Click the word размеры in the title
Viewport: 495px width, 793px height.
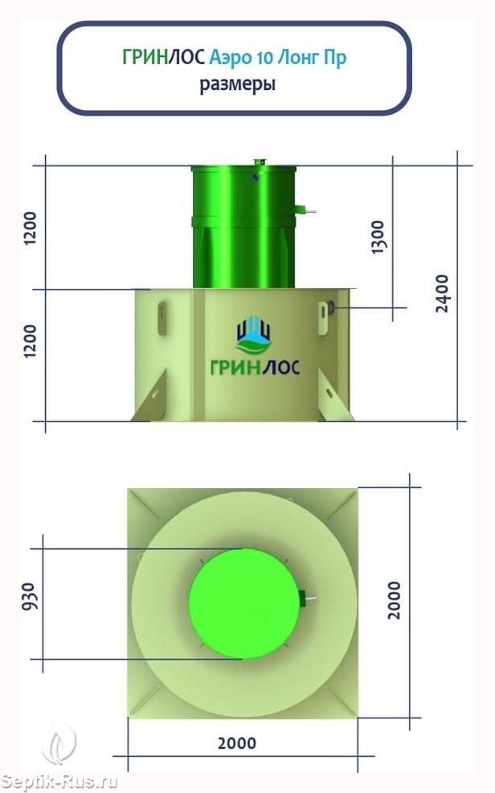[x=237, y=83]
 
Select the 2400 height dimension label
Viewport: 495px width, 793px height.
[x=442, y=293]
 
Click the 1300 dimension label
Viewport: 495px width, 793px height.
[x=378, y=237]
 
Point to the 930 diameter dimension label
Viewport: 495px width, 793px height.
[x=29, y=596]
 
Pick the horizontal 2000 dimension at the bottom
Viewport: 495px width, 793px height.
[x=237, y=743]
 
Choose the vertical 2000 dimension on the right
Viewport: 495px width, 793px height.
[x=394, y=600]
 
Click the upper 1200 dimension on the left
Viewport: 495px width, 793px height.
[x=31, y=228]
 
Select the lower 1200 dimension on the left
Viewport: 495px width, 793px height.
[x=31, y=341]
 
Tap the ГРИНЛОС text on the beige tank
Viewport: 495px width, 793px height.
[x=255, y=366]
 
